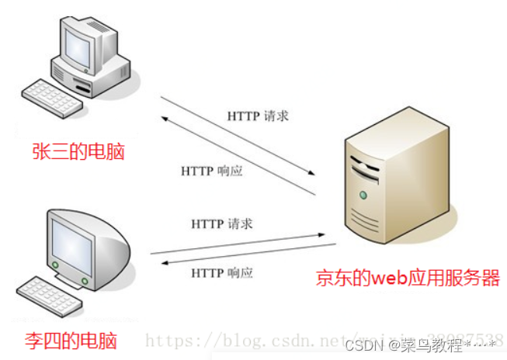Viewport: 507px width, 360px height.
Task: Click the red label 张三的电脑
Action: coord(78,150)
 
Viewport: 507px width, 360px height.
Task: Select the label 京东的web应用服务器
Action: coord(408,278)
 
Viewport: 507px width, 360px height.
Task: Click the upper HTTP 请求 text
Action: coord(259,116)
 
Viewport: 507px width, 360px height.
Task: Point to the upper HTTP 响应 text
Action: coord(212,171)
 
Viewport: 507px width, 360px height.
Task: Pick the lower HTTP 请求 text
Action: coord(222,223)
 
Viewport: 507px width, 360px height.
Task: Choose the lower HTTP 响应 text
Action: coord(222,272)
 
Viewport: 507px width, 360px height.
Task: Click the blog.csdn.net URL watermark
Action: coord(256,339)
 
